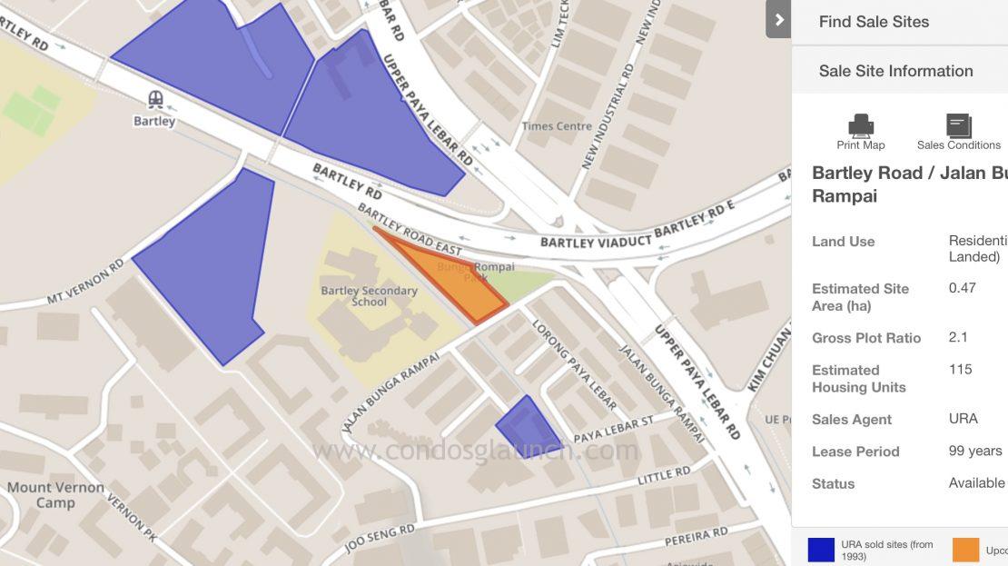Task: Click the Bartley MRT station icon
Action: [x=154, y=98]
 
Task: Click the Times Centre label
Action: [x=557, y=126]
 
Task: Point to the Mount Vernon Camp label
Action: [x=41, y=495]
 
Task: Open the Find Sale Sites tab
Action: [x=874, y=22]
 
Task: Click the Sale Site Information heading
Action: [x=895, y=71]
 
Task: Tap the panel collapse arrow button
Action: [x=778, y=19]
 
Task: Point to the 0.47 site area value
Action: [x=962, y=288]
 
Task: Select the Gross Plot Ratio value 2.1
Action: [x=958, y=337]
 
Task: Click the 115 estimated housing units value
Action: [x=960, y=369]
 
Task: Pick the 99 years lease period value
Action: [x=974, y=451]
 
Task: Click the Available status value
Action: [x=976, y=482]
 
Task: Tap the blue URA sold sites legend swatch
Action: [x=820, y=550]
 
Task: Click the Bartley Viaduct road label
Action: [x=596, y=242]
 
